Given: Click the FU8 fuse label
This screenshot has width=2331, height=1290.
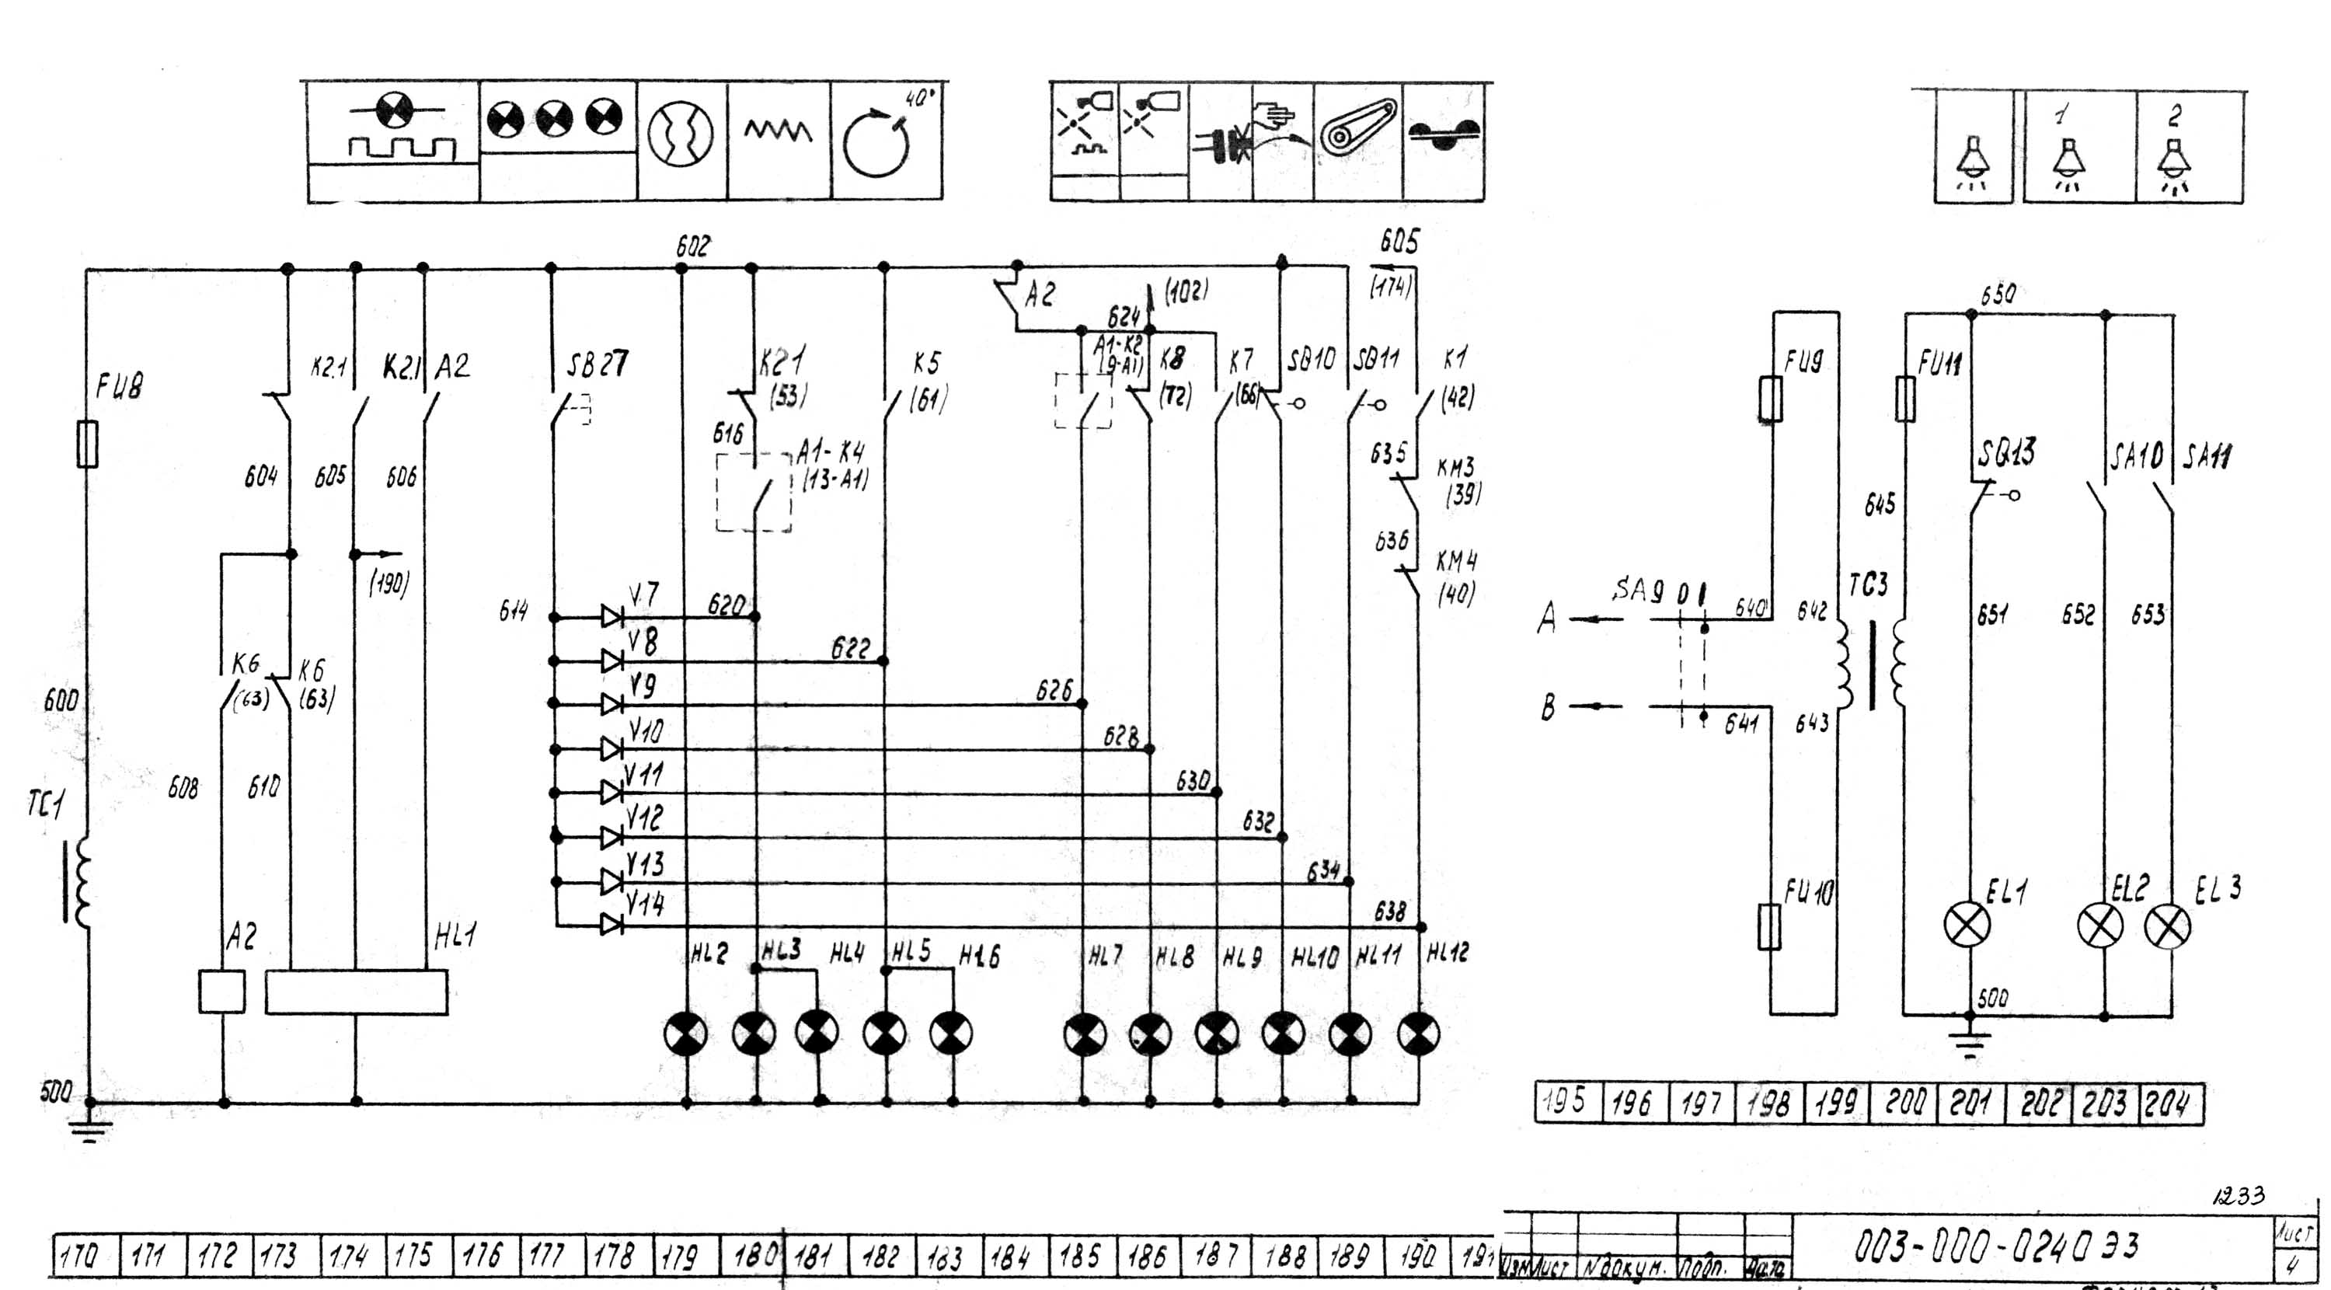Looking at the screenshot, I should click(120, 386).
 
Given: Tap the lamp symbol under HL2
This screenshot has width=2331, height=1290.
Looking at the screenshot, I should click(686, 1034).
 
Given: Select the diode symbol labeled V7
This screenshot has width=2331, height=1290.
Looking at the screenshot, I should click(612, 617).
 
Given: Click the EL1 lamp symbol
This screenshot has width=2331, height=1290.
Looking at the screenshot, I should click(1967, 926).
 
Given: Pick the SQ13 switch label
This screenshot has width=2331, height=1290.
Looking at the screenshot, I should click(2006, 451).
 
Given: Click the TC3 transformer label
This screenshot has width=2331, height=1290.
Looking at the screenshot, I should click(1868, 585).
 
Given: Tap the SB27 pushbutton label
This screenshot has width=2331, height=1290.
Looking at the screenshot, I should click(598, 364).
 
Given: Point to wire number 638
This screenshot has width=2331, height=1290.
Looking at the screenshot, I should click(1390, 912).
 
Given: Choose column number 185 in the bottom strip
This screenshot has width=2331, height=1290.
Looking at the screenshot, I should click(1079, 1257).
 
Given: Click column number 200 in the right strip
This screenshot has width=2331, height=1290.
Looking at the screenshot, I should click(1904, 1102).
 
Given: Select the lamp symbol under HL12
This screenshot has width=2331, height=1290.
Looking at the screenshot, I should click(1418, 1034).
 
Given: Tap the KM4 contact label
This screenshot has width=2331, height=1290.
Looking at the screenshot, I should click(1457, 561).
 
